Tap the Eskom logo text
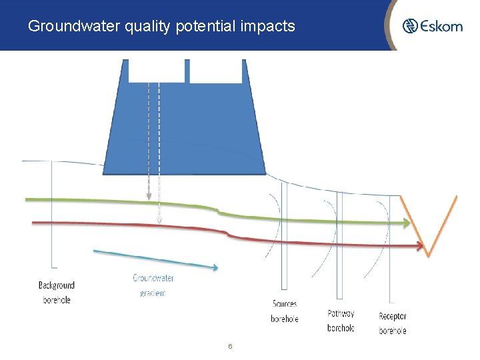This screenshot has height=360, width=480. click(441, 26)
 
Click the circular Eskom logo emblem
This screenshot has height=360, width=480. click(410, 26)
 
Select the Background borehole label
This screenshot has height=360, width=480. click(57, 293)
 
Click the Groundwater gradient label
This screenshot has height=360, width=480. click(153, 285)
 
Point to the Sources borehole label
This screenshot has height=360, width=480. click(285, 311)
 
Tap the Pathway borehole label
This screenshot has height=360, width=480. click(341, 321)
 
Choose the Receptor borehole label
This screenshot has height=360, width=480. click(392, 323)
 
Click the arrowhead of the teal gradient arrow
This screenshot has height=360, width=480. click(215, 268)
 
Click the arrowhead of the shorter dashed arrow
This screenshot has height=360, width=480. click(147, 197)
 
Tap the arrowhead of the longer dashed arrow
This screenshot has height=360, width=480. click(159, 220)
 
